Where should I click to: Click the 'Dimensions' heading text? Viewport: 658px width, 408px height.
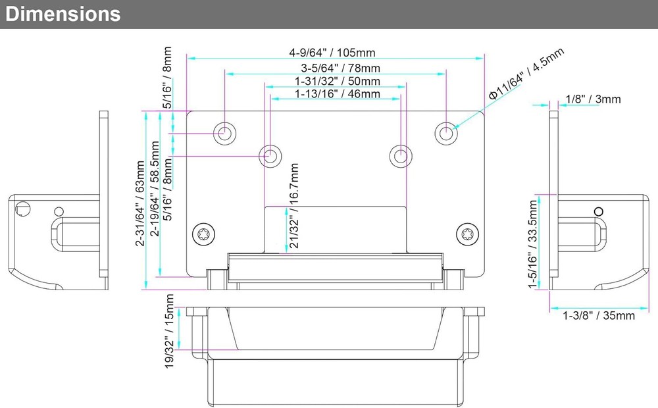[x=63, y=14]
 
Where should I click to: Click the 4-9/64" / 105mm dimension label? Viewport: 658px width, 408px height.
[x=336, y=53]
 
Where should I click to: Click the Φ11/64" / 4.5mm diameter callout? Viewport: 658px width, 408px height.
[x=526, y=74]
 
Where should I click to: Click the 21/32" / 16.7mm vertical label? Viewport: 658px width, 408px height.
[x=293, y=206]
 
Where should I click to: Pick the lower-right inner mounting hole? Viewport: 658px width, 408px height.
[x=399, y=156]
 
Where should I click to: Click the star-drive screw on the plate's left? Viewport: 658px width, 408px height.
[x=202, y=233]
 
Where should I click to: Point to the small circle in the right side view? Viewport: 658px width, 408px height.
[x=599, y=211]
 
